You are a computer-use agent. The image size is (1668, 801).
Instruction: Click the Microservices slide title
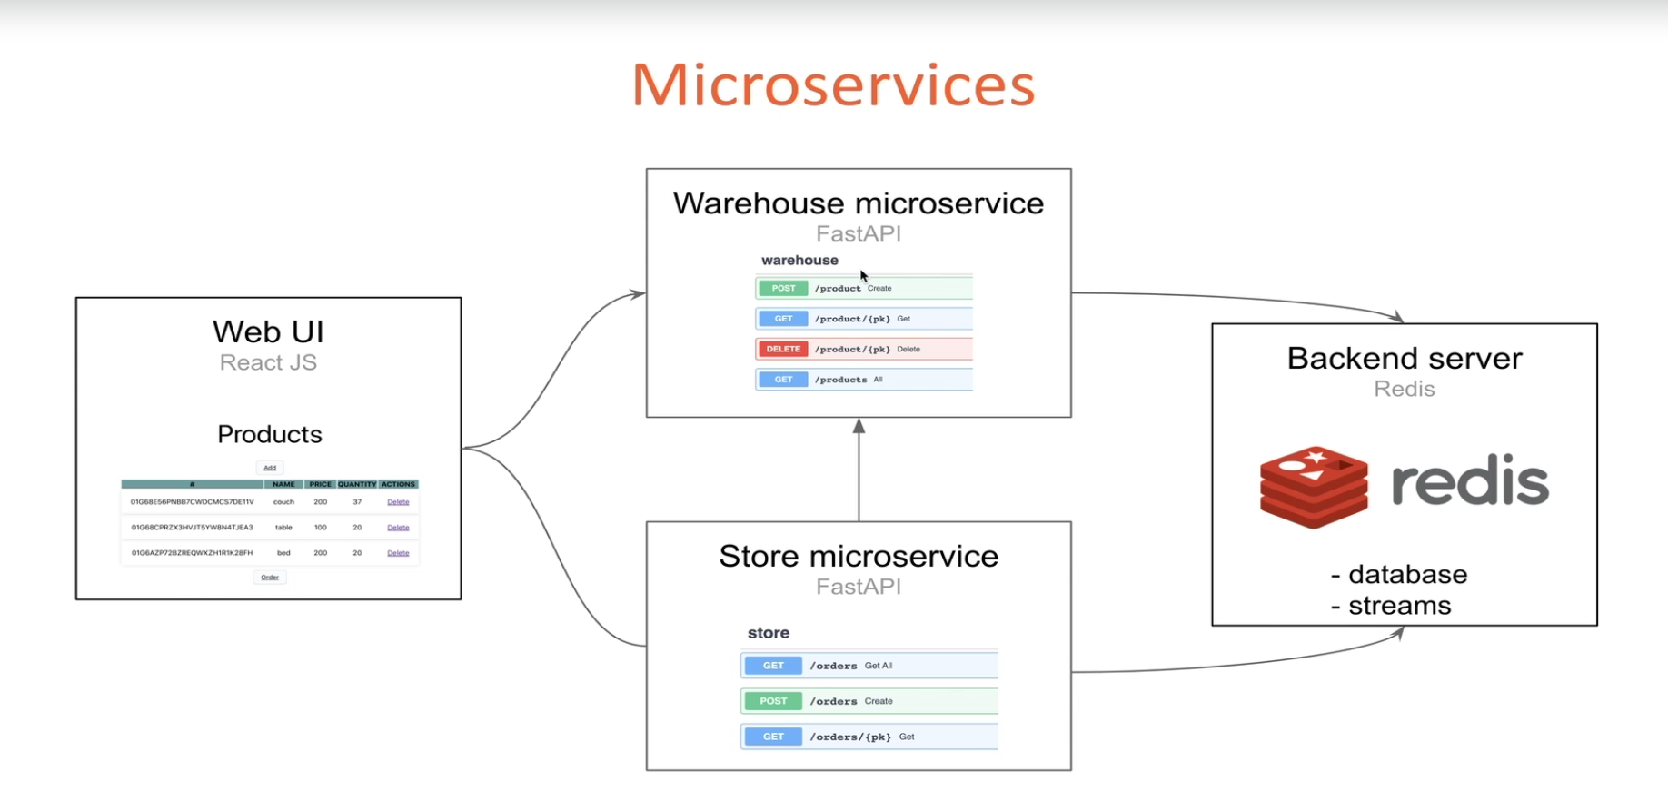click(x=833, y=85)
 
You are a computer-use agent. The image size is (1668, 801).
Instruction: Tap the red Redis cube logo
click(x=1314, y=486)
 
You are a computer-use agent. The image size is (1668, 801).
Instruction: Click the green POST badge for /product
click(x=783, y=288)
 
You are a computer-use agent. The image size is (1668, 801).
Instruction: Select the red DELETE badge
click(x=783, y=349)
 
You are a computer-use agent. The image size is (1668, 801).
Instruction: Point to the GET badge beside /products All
click(x=783, y=380)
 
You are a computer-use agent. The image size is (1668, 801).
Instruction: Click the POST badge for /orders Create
click(x=773, y=701)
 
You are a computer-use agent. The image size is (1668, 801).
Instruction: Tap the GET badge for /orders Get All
click(x=773, y=666)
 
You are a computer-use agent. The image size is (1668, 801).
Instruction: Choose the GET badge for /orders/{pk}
click(x=773, y=737)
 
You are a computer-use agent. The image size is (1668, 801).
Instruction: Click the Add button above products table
click(x=270, y=468)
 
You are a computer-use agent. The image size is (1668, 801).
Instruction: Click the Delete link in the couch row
click(x=398, y=502)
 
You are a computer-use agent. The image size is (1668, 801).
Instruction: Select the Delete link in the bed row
click(x=398, y=553)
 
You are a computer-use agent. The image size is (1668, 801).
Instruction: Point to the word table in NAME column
click(x=283, y=528)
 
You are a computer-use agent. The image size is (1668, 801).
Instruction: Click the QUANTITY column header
click(x=357, y=484)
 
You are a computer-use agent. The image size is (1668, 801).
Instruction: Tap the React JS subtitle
click(x=268, y=362)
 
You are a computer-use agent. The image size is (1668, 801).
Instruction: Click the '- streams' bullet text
click(x=1391, y=606)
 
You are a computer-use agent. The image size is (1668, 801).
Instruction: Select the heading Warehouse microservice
click(x=859, y=203)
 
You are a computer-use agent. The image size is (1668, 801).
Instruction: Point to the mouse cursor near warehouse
click(x=864, y=276)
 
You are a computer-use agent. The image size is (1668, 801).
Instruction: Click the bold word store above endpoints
click(x=769, y=633)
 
